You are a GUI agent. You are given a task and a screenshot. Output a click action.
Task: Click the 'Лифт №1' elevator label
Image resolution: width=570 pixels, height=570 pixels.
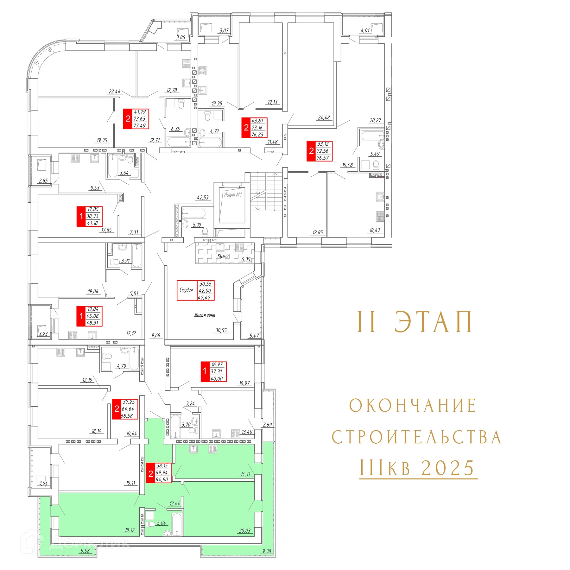[x=233, y=195]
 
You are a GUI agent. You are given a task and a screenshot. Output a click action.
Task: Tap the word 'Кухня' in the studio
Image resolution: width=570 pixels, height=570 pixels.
[x=223, y=256]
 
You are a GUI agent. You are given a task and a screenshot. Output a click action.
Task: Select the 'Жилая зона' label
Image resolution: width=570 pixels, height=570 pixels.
[x=205, y=315]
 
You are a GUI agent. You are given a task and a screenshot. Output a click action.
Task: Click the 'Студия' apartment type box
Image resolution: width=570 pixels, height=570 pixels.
[x=187, y=290]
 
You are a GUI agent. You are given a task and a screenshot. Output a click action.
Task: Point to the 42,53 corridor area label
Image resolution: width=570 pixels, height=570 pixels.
[x=203, y=198]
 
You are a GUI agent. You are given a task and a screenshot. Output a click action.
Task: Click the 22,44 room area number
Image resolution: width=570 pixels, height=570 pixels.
[x=114, y=92]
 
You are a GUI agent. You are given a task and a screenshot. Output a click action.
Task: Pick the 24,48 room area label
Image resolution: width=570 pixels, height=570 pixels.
[x=324, y=117]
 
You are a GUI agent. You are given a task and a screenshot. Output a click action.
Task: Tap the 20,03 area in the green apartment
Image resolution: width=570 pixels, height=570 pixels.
[x=244, y=531]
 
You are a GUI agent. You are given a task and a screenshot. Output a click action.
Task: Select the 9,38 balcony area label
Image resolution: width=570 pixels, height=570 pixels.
[x=267, y=551]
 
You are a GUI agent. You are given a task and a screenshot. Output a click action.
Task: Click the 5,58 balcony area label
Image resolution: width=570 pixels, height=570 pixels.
[x=85, y=551]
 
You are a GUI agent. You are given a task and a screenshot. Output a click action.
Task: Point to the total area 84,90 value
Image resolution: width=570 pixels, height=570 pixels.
[x=162, y=479]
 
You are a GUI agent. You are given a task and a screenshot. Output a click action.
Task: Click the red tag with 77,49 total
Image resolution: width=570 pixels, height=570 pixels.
[x=136, y=119]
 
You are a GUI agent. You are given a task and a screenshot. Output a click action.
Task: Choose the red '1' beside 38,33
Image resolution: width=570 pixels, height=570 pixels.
[x=81, y=216]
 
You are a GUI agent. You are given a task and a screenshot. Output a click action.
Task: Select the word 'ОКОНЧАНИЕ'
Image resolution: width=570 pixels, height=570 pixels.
[x=413, y=406]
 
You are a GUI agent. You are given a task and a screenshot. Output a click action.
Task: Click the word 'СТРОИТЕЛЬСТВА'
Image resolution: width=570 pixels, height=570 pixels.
[x=416, y=437]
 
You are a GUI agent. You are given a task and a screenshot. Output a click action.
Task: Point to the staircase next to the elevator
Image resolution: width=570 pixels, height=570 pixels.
[x=266, y=191]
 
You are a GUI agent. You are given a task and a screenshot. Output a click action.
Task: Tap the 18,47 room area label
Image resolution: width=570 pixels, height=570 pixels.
[x=375, y=231]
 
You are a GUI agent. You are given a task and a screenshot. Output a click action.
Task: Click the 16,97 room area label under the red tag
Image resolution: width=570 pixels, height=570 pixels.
[x=244, y=383]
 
